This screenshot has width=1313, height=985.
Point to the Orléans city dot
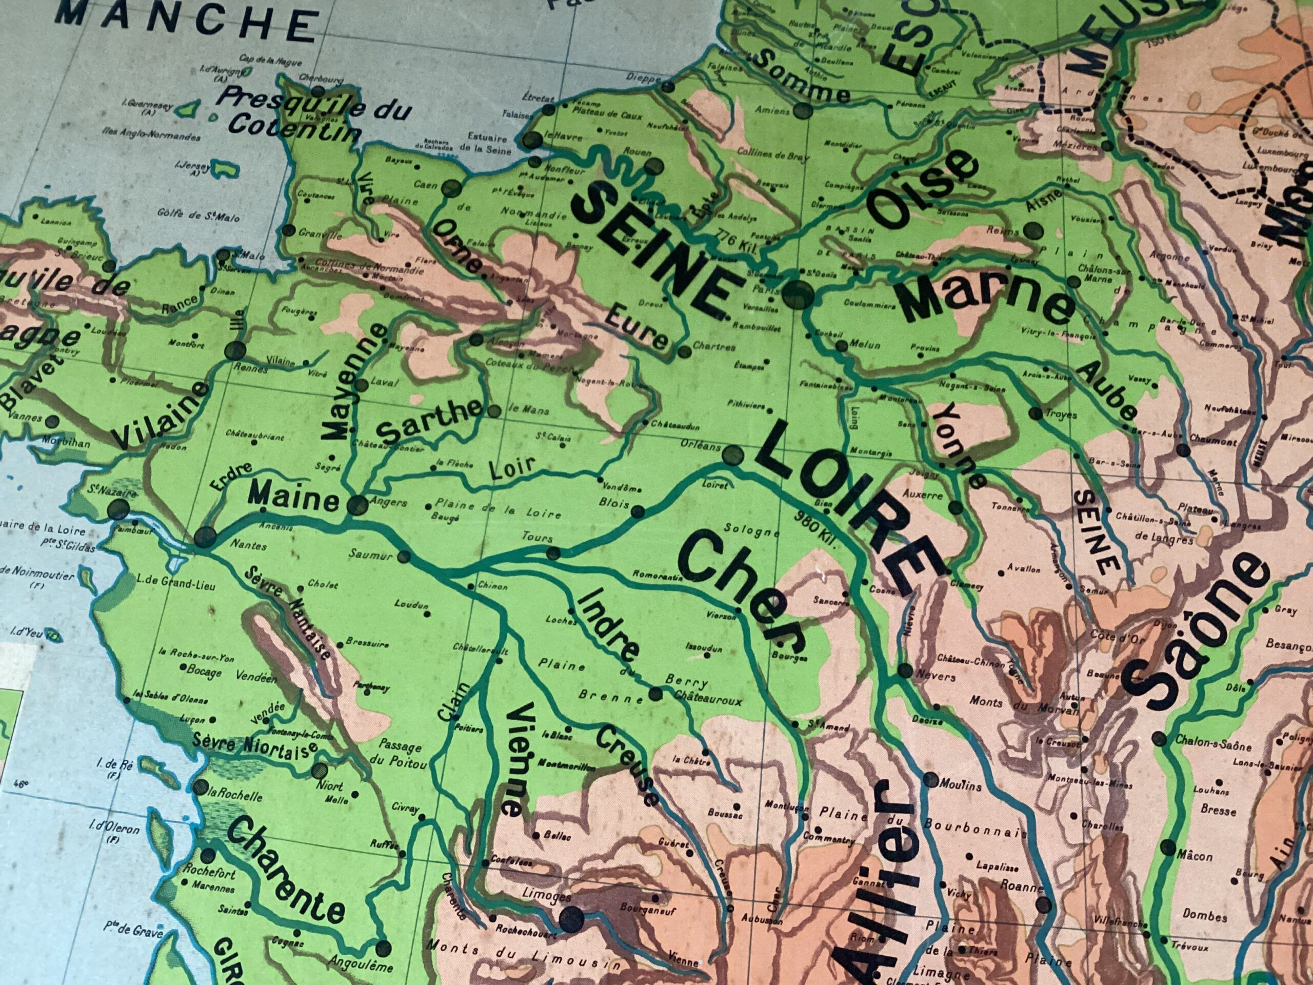coord(733,456)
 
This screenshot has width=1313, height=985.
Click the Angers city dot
coord(357,505)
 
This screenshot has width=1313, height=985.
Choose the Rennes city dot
coord(235,350)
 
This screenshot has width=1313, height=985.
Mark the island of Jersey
coord(223,169)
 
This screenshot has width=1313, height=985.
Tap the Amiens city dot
coord(803,110)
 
